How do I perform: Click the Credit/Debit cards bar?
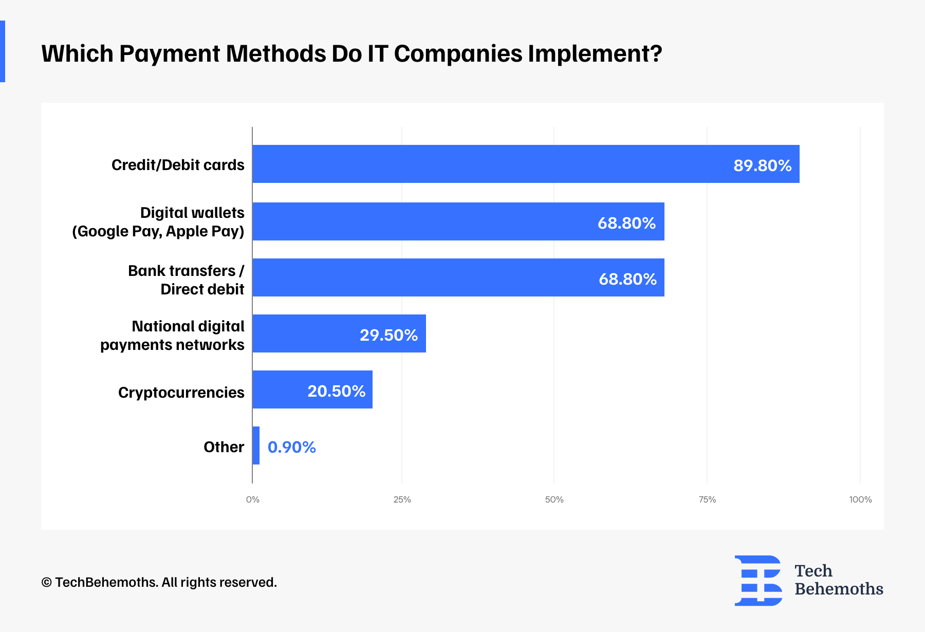pyautogui.click(x=526, y=164)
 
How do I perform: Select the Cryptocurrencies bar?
pyautogui.click(x=312, y=389)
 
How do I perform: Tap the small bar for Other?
pyautogui.click(x=256, y=445)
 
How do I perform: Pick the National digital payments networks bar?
pyautogui.click(x=339, y=333)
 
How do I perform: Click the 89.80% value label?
pyautogui.click(x=763, y=165)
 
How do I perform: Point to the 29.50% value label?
pyautogui.click(x=389, y=335)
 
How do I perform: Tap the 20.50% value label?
pyautogui.click(x=337, y=391)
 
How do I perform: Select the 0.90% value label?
pyautogui.click(x=292, y=447)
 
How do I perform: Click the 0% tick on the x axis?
pyautogui.click(x=253, y=499)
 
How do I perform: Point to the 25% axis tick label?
pyautogui.click(x=402, y=499)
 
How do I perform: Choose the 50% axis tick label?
pyautogui.click(x=554, y=499)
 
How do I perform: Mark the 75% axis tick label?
pyautogui.click(x=708, y=499)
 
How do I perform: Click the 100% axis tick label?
pyautogui.click(x=861, y=499)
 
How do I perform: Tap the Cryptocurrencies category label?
pyautogui.click(x=181, y=393)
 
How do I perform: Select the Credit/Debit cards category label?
pyautogui.click(x=178, y=165)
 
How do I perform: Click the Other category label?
pyautogui.click(x=224, y=447)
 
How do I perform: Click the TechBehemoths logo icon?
pyautogui.click(x=758, y=581)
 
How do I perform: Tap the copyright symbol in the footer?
pyautogui.click(x=47, y=582)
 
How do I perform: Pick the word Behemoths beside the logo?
pyautogui.click(x=839, y=589)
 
